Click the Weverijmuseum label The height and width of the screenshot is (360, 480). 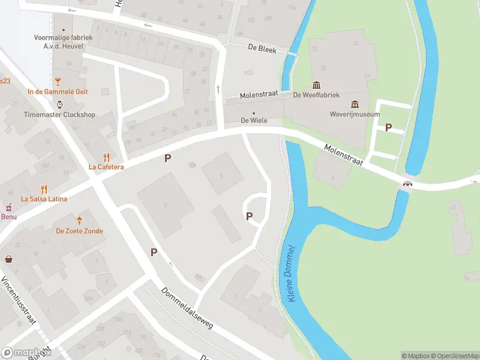click(x=355, y=114)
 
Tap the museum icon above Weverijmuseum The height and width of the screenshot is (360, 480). click(x=355, y=104)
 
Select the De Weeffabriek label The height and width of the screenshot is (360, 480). click(x=316, y=95)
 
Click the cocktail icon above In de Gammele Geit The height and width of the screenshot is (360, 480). click(x=58, y=81)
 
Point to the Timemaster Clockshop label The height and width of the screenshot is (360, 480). click(x=59, y=115)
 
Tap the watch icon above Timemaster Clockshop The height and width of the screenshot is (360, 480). click(x=59, y=104)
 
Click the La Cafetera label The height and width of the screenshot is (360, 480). click(x=106, y=167)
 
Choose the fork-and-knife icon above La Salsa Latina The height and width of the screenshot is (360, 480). click(x=44, y=188)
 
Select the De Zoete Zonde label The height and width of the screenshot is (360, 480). click(x=79, y=231)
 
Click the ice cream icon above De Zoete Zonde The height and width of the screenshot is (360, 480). click(x=79, y=220)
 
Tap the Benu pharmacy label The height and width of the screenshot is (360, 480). click(x=8, y=217)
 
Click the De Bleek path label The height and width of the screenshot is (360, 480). click(x=262, y=50)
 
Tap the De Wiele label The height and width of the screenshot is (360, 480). click(x=254, y=121)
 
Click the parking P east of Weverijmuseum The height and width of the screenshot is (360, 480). click(x=388, y=127)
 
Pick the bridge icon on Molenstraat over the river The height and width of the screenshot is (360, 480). click(x=408, y=184)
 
